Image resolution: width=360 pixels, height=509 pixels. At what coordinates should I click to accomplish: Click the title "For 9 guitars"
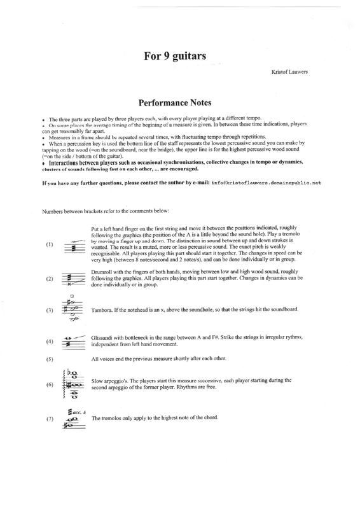point(175,56)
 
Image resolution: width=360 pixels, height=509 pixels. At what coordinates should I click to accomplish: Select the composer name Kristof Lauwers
point(289,72)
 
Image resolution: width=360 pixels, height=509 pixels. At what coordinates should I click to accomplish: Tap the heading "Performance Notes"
point(175,102)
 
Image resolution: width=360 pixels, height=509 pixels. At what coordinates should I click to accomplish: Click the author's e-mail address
point(267,183)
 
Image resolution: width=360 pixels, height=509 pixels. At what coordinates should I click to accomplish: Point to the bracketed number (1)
point(50,244)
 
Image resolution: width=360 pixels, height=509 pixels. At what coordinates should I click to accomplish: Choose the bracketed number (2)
point(50,279)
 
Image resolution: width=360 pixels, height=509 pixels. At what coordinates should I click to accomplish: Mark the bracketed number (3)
point(50,310)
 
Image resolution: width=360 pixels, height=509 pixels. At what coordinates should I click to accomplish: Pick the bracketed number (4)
point(50,341)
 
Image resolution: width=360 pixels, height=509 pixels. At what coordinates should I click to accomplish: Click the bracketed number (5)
point(50,359)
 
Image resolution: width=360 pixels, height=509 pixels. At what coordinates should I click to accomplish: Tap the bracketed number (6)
point(50,385)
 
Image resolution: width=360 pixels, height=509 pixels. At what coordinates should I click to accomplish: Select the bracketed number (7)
point(50,419)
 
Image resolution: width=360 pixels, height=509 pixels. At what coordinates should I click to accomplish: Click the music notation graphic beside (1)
point(74,246)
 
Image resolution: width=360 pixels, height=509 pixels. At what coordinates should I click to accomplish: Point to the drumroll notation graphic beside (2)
point(74,279)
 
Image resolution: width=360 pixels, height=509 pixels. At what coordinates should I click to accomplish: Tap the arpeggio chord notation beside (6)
point(72,384)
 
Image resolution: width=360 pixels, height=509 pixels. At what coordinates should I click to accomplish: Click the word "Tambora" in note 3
point(101,310)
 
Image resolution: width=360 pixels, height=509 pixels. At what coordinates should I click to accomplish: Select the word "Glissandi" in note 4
point(102,338)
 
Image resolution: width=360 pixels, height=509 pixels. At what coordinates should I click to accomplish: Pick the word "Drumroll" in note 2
point(101,272)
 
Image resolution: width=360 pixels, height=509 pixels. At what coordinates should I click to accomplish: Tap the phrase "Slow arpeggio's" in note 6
point(109,380)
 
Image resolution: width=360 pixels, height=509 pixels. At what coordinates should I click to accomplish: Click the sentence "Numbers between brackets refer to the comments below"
point(106,211)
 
